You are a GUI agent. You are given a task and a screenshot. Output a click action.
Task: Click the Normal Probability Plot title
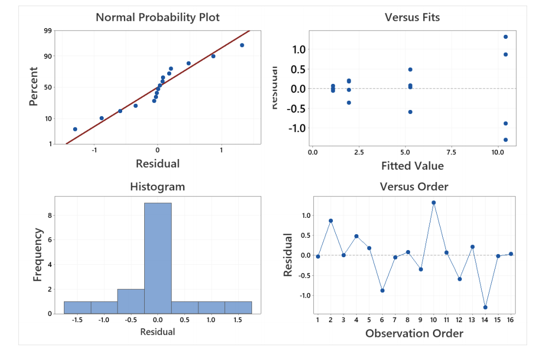(x=157, y=17)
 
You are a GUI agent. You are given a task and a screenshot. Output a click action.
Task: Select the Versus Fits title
(x=412, y=17)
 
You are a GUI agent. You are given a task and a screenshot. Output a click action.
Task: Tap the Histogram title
(x=157, y=187)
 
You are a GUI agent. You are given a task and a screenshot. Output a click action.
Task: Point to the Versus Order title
(x=414, y=187)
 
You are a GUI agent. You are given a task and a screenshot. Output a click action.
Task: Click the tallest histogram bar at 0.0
(x=157, y=258)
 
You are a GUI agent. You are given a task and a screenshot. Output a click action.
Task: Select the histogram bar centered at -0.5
(x=130, y=301)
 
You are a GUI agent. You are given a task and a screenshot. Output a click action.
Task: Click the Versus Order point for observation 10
(x=434, y=202)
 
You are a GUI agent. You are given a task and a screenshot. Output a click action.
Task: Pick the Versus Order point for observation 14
(x=485, y=307)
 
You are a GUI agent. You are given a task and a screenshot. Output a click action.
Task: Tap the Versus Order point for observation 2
(x=331, y=221)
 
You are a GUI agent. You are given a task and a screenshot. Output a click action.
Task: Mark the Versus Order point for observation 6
(x=382, y=290)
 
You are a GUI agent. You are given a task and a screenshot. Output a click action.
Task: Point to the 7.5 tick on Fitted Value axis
(x=451, y=152)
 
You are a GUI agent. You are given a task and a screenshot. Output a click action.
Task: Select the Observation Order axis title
(x=414, y=333)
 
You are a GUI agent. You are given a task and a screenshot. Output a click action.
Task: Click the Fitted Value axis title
(x=412, y=166)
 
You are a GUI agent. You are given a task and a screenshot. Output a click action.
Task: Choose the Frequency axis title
(x=37, y=254)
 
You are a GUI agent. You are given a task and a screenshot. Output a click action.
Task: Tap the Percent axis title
(x=34, y=87)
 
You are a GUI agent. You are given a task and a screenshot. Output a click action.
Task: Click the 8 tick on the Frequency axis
(x=50, y=215)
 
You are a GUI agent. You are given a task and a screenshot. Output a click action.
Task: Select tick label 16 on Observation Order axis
(x=510, y=320)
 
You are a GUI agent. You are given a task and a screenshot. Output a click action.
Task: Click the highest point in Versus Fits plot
(x=506, y=37)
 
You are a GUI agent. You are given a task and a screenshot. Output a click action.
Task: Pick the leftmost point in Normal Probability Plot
(x=75, y=129)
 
